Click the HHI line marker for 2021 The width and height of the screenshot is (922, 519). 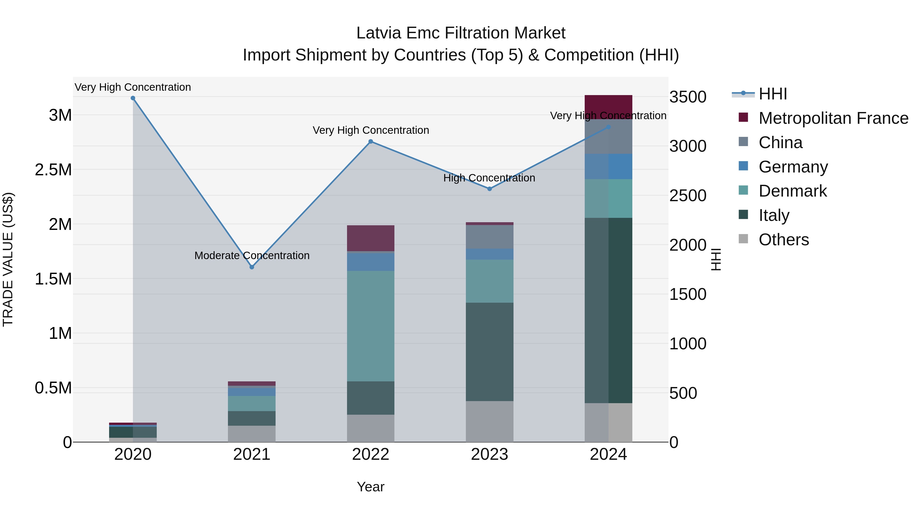coord(252,267)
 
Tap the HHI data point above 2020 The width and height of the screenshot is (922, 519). coord(133,98)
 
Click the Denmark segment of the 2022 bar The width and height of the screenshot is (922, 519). coord(370,326)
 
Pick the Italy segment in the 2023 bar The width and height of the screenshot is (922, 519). coord(489,352)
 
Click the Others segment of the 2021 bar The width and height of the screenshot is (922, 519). coord(252,433)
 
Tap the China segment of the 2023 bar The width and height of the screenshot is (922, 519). coord(489,237)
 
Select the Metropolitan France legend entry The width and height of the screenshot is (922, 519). coord(833,118)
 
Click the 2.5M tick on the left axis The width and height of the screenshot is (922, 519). coord(53,170)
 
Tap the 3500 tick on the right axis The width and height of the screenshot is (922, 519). coord(688,97)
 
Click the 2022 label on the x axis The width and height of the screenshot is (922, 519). coord(370,454)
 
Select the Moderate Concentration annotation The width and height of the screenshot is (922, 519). coord(252,255)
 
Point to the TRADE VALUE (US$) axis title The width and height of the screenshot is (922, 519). coord(8,259)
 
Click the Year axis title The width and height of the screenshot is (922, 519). coord(370,487)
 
